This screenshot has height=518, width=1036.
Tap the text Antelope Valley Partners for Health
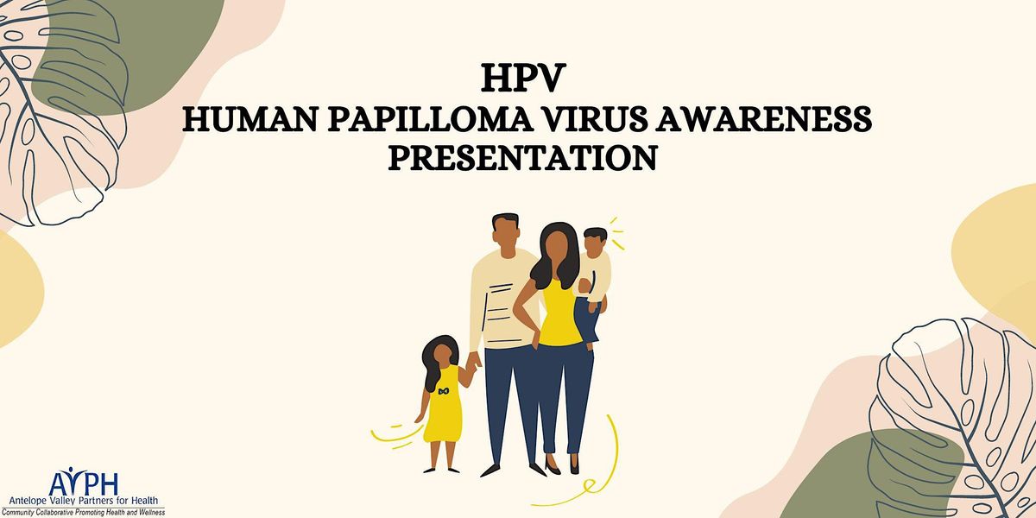84,502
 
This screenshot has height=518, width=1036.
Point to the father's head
506,231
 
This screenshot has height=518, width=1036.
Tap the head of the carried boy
594,243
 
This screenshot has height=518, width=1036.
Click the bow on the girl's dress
443,391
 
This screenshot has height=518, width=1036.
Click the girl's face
441,353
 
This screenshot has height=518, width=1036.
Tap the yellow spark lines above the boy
617,231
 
